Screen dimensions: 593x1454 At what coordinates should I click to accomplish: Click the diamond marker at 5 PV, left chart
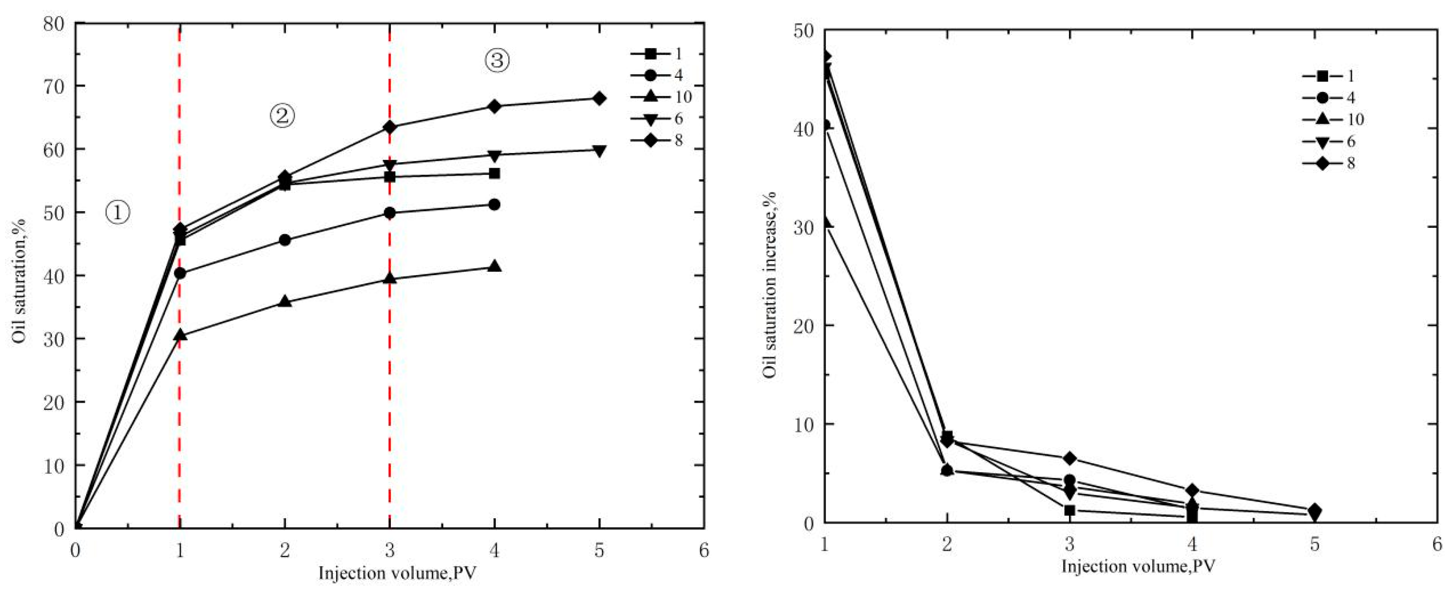pyautogui.click(x=599, y=98)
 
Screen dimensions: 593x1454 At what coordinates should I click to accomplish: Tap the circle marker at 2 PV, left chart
pyautogui.click(x=285, y=240)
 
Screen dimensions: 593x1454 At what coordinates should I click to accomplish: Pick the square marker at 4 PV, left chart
pyautogui.click(x=494, y=173)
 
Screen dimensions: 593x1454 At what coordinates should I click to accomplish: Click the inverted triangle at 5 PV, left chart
pyautogui.click(x=599, y=150)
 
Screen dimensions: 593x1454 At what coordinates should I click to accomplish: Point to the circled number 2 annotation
pyautogui.click(x=282, y=116)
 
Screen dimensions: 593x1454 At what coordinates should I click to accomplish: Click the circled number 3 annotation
pyautogui.click(x=497, y=60)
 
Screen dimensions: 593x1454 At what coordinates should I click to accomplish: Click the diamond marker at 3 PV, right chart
pyautogui.click(x=1070, y=458)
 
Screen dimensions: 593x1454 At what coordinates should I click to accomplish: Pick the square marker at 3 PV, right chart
pyautogui.click(x=1070, y=510)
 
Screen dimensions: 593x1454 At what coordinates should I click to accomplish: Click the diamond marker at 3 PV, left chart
pyautogui.click(x=390, y=127)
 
